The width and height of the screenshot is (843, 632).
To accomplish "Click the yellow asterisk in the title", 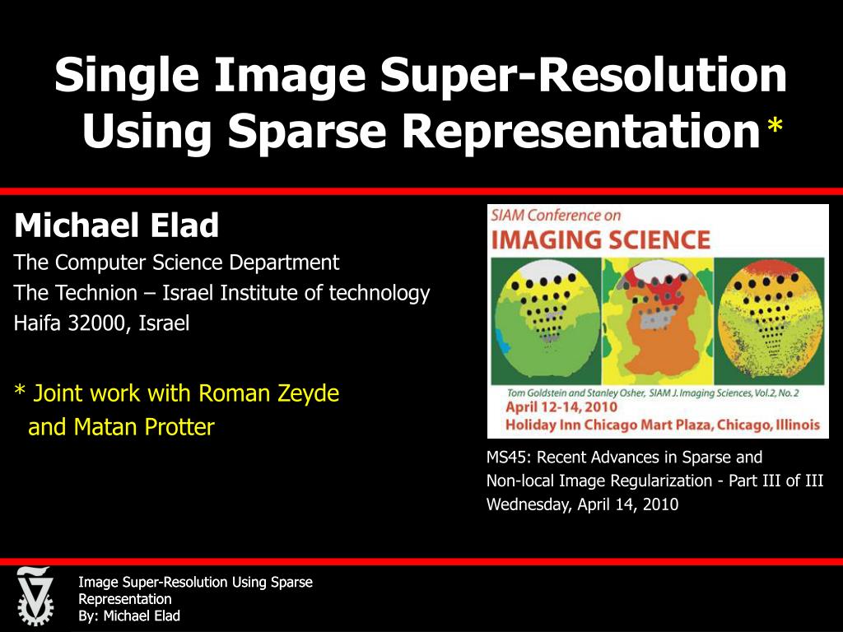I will [775, 128].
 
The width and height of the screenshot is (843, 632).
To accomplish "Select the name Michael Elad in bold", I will [117, 225].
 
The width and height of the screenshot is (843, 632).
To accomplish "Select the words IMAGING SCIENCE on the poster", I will [600, 240].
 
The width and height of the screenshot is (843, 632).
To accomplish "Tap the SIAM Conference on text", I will [556, 216].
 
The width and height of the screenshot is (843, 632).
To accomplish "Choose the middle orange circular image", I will [656, 317].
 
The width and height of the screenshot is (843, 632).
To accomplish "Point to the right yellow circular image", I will [771, 317].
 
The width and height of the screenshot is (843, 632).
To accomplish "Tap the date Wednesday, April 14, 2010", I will [582, 504].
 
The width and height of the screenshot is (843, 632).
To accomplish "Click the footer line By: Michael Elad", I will [128, 616].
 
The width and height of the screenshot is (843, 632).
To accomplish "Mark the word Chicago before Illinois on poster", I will [743, 425].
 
